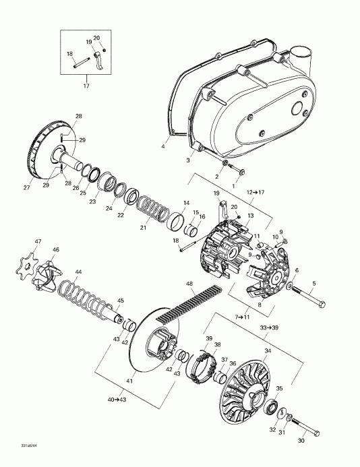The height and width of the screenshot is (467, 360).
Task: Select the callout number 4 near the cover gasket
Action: coord(162,146)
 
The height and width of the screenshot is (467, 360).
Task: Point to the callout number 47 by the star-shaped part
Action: coord(38,241)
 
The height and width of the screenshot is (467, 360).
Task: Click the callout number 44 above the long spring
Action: coord(79,272)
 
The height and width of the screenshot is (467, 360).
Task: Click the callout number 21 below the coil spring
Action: coord(143,228)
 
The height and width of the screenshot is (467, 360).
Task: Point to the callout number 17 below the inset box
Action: coord(86,86)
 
